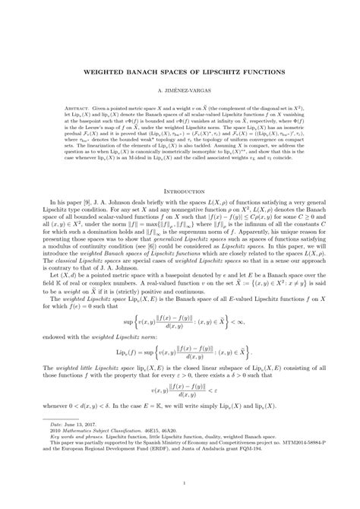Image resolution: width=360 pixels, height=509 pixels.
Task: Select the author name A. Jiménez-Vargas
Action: coord(180,90)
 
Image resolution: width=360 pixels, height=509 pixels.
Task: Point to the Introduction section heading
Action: coord(180,192)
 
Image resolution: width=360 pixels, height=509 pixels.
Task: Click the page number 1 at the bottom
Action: coord(180,481)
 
